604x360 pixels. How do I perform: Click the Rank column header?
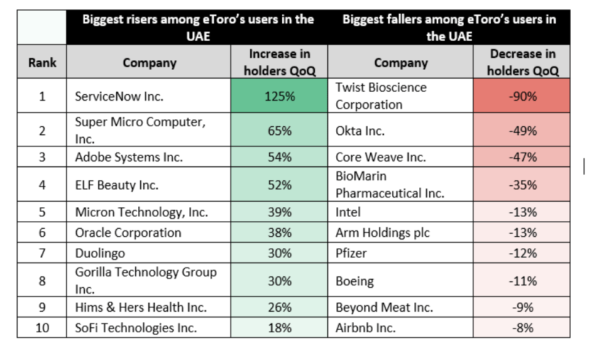pyautogui.click(x=41, y=63)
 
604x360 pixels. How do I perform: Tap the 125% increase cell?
pyautogui.click(x=279, y=96)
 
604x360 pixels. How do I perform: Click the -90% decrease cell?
pyautogui.click(x=522, y=96)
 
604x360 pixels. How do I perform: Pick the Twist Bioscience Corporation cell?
pyautogui.click(x=381, y=96)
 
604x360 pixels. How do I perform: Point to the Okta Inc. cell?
pyautogui.click(x=360, y=131)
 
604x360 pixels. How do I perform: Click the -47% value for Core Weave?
pyautogui.click(x=522, y=157)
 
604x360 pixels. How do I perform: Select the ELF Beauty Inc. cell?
pyautogui.click(x=117, y=185)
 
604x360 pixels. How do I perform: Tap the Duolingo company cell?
pyautogui.click(x=100, y=253)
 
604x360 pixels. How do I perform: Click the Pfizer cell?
pyautogui.click(x=351, y=253)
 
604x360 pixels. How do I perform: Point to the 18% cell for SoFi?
pyautogui.click(x=279, y=327)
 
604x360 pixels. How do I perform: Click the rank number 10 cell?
pyautogui.click(x=41, y=327)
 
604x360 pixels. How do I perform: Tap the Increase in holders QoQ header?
pyautogui.click(x=279, y=63)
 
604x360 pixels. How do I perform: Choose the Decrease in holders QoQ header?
pyautogui.click(x=522, y=63)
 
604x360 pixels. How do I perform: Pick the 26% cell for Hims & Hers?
pyautogui.click(x=279, y=307)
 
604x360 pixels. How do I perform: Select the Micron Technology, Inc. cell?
pyautogui.click(x=141, y=212)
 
